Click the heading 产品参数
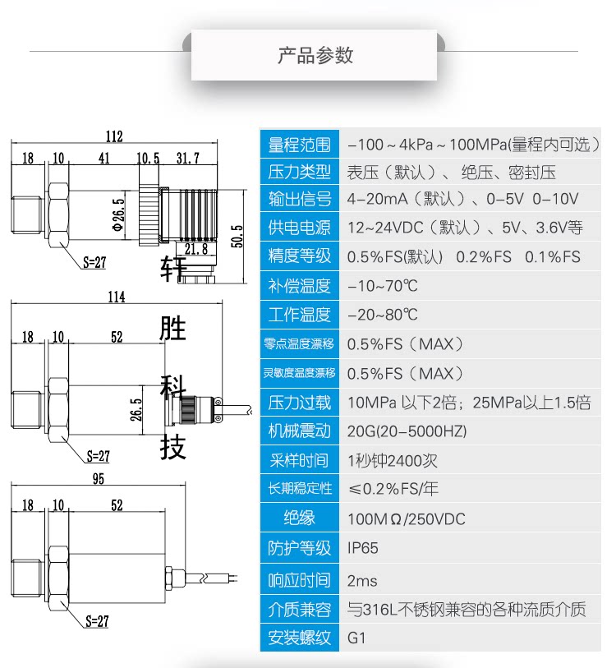315,56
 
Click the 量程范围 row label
300,145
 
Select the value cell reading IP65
363,548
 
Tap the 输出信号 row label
300,199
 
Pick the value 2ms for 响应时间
362,581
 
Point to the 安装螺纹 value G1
356,638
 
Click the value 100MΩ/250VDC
406,518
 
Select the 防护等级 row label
300,548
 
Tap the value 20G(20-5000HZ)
407,431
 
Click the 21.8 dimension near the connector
196,248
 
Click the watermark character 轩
173,268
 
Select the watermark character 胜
173,329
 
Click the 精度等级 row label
300,256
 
